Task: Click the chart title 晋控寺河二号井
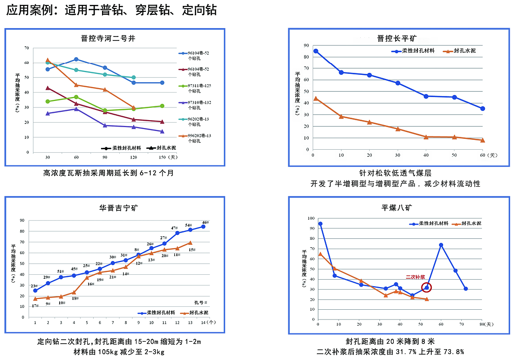coord(108,38)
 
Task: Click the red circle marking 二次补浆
coord(427,288)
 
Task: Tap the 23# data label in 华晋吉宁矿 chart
coord(34,286)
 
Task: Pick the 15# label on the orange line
coord(192,250)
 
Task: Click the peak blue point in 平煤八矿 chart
coord(441,245)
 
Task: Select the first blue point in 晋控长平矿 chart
coord(316,51)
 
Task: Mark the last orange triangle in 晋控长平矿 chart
coord(482,140)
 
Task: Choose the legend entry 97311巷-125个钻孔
coord(197,88)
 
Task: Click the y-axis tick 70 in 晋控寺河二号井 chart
coord(26,48)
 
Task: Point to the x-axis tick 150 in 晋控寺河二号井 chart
coord(162,158)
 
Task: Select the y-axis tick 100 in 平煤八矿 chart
coord(310,218)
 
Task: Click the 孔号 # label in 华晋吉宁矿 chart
coord(198,301)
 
